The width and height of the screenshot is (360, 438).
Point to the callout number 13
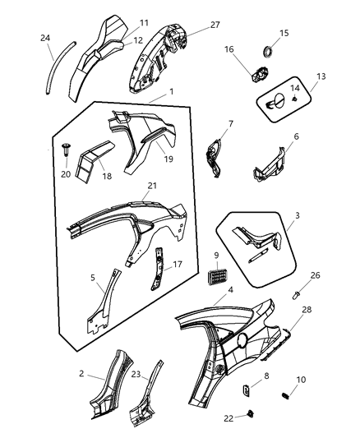coord(321,76)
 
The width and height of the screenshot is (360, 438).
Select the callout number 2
coord(81,374)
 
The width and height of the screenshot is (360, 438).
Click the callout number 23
coord(136,374)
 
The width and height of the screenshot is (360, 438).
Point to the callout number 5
coord(92,277)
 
